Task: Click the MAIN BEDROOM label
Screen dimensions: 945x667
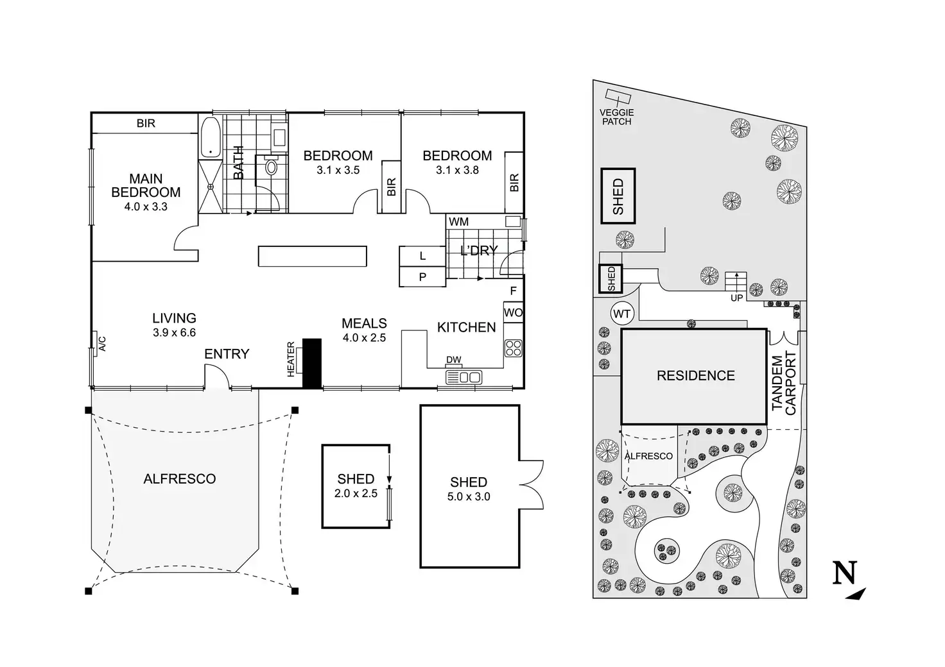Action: tap(146, 185)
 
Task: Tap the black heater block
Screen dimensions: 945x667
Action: tap(311, 363)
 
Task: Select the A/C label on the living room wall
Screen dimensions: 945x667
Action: tap(101, 344)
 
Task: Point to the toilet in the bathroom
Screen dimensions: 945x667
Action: tap(271, 168)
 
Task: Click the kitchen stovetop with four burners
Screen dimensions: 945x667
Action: tap(513, 348)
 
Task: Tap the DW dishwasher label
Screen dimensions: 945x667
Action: tap(453, 360)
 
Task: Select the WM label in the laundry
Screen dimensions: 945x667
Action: tap(458, 222)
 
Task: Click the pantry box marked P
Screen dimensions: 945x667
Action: tap(422, 278)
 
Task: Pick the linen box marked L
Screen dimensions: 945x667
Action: tap(422, 256)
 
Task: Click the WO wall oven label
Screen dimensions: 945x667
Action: tap(513, 314)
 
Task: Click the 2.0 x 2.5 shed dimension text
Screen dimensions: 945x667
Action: tap(356, 494)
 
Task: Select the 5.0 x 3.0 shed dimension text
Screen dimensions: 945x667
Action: tap(469, 496)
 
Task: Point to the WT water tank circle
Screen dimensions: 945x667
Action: tap(621, 314)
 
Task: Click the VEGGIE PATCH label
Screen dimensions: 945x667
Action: tap(616, 117)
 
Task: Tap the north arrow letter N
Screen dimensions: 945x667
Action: tap(845, 573)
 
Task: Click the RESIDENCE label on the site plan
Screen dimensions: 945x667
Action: tap(695, 376)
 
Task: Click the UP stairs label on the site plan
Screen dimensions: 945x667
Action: tap(737, 298)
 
